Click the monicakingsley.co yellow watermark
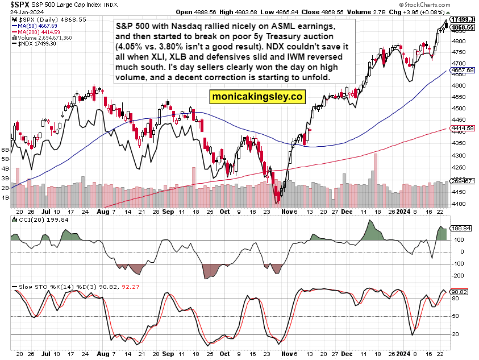(257, 97)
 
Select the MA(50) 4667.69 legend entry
(36, 26)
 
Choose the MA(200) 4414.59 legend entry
(38, 32)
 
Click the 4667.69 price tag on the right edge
(463, 70)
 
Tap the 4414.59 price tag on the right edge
(463, 129)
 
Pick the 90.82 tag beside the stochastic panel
(459, 292)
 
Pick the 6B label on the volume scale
(6, 150)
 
